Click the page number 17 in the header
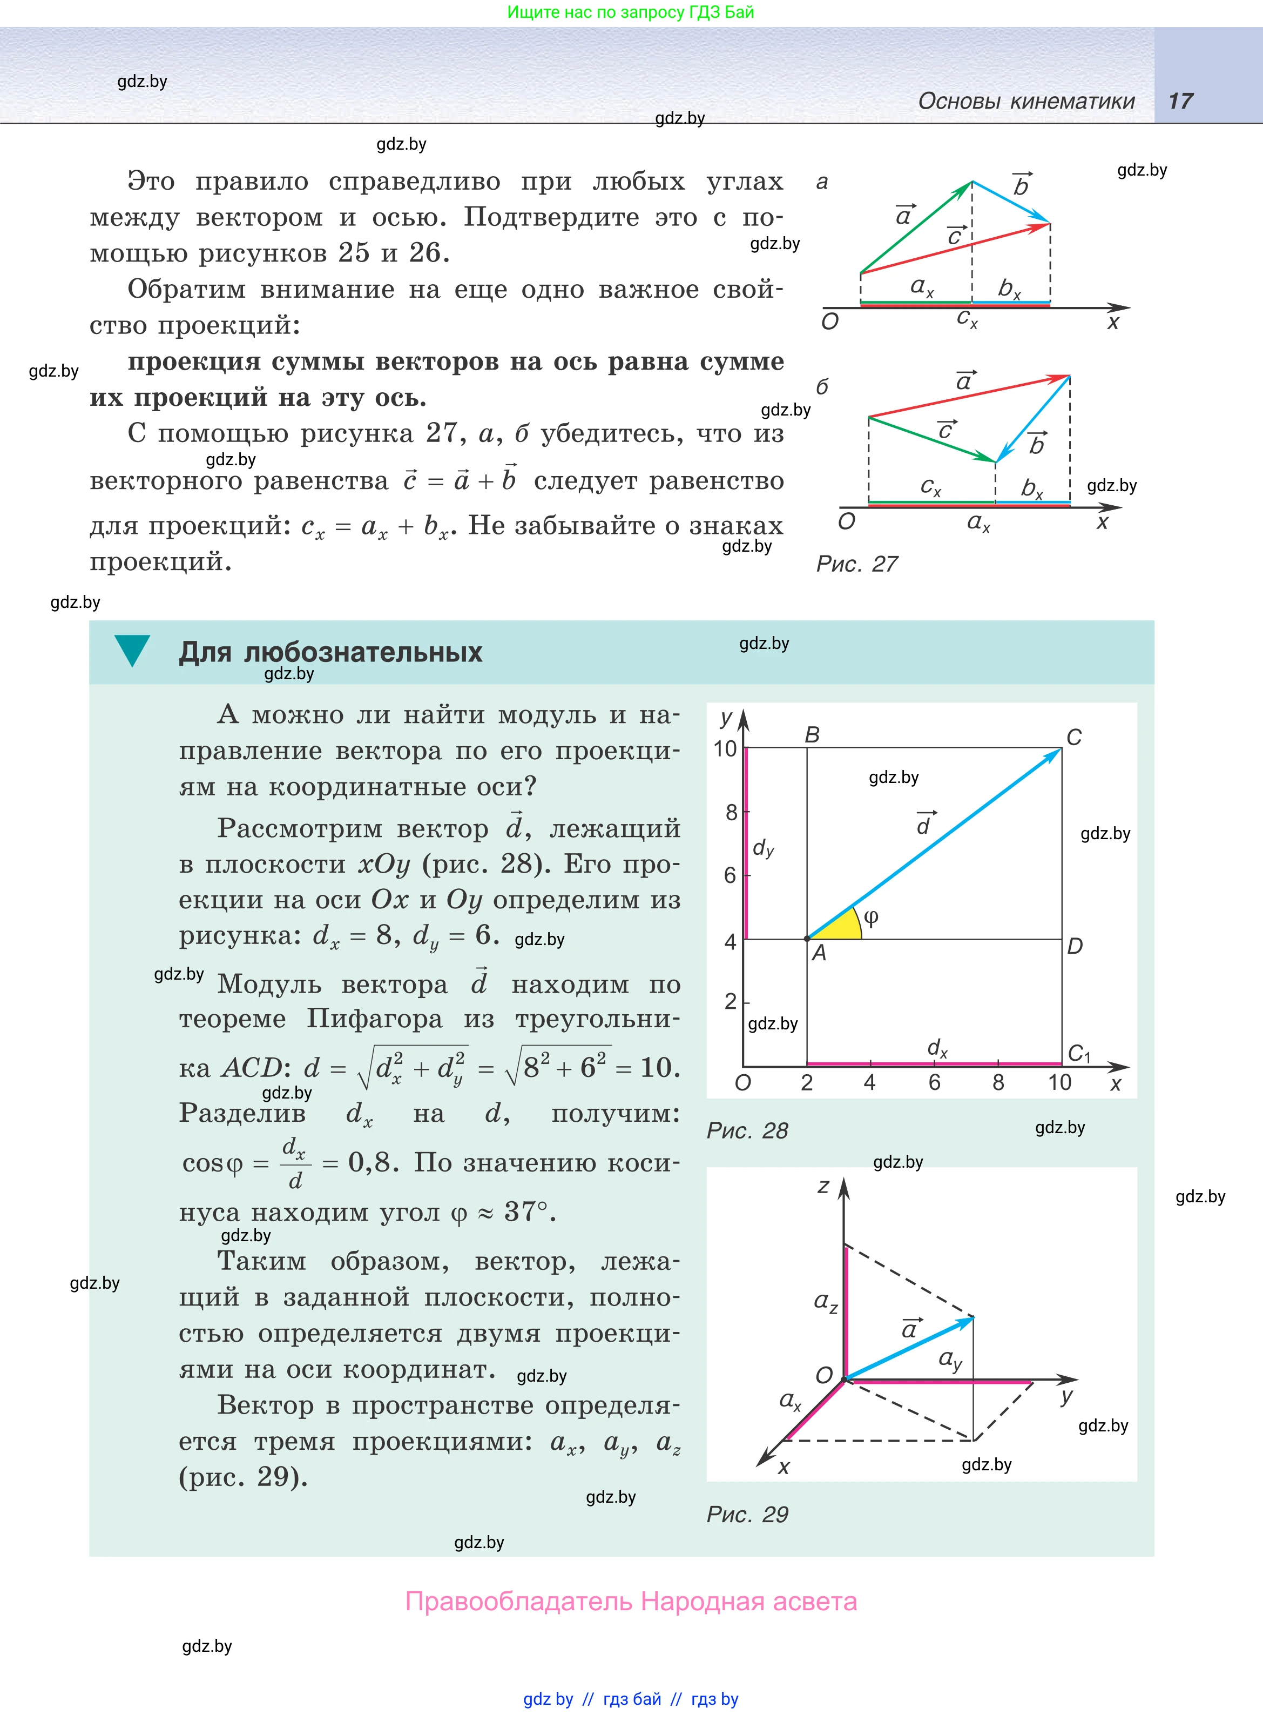coord(1180,101)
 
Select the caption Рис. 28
coord(747,1130)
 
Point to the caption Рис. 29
coord(747,1515)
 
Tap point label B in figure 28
coord(812,734)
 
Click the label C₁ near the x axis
coord(1079,1053)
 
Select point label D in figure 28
coord(1075,946)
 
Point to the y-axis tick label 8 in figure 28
coord(731,812)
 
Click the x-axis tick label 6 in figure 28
coord(934,1082)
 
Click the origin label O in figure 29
coord(823,1375)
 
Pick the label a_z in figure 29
coord(826,1302)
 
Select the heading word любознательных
coord(363,652)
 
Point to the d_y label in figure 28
coord(764,847)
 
